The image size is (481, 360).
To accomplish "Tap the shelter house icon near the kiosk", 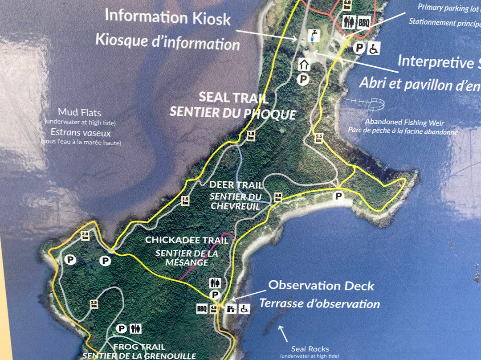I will (x=304, y=65).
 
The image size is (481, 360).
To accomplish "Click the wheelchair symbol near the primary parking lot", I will (x=373, y=49).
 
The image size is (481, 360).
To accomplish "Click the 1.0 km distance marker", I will (x=251, y=135).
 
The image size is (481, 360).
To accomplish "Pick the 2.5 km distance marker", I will (x=94, y=304).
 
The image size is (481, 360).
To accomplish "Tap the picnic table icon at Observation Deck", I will (x=231, y=308).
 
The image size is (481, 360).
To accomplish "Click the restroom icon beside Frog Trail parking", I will (x=136, y=329).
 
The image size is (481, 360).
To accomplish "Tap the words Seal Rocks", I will (x=310, y=349).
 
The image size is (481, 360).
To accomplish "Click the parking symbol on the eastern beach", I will (x=339, y=196).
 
